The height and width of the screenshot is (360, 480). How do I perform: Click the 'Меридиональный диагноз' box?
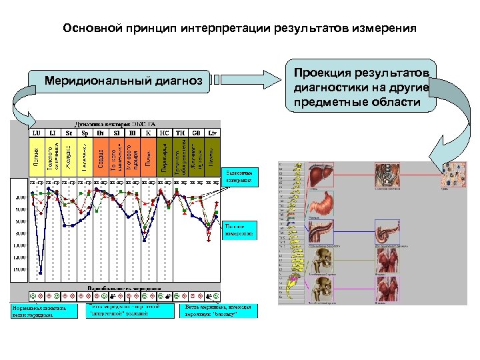(x=123, y=81)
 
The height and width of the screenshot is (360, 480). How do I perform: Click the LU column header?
(x=36, y=133)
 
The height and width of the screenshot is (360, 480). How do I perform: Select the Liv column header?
(x=212, y=133)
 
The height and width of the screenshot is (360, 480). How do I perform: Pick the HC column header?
(x=164, y=133)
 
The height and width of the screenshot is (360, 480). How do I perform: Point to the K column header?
(x=148, y=133)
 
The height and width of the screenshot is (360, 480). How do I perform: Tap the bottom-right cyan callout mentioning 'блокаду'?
(x=219, y=311)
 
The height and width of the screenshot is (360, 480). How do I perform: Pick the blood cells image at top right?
(x=457, y=175)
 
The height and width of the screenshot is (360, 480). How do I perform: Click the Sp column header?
(x=84, y=133)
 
